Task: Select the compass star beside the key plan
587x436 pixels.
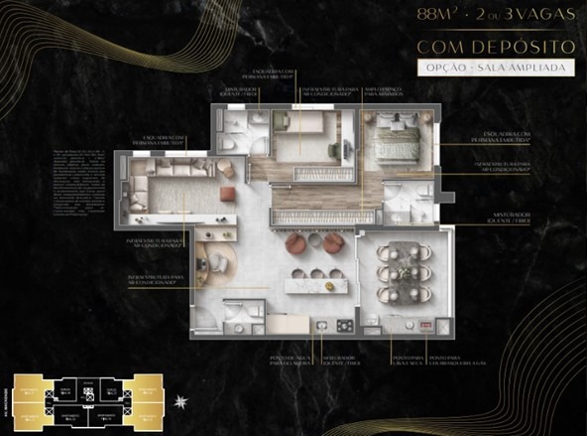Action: point(180,401)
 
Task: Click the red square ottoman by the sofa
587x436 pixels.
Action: point(226,195)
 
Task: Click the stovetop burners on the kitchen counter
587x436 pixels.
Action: point(343,326)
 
